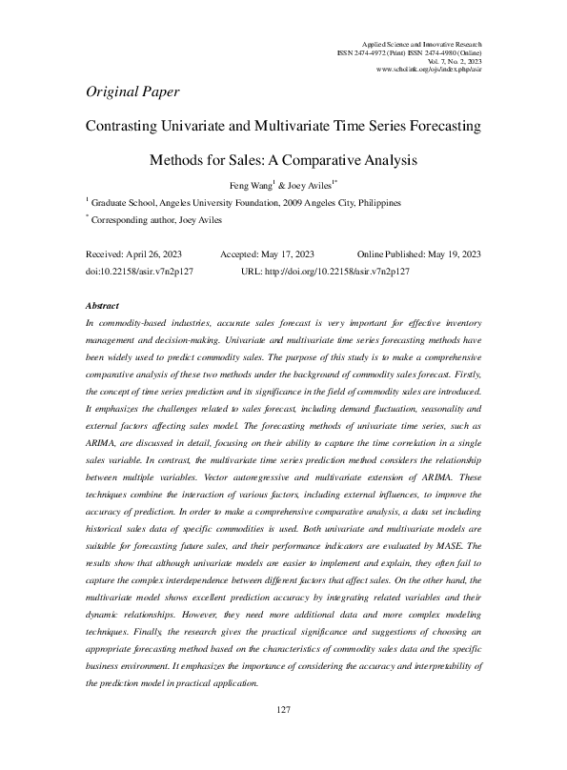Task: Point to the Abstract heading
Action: pos(102,306)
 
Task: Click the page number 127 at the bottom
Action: pos(283,737)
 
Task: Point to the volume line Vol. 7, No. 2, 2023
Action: pos(454,61)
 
